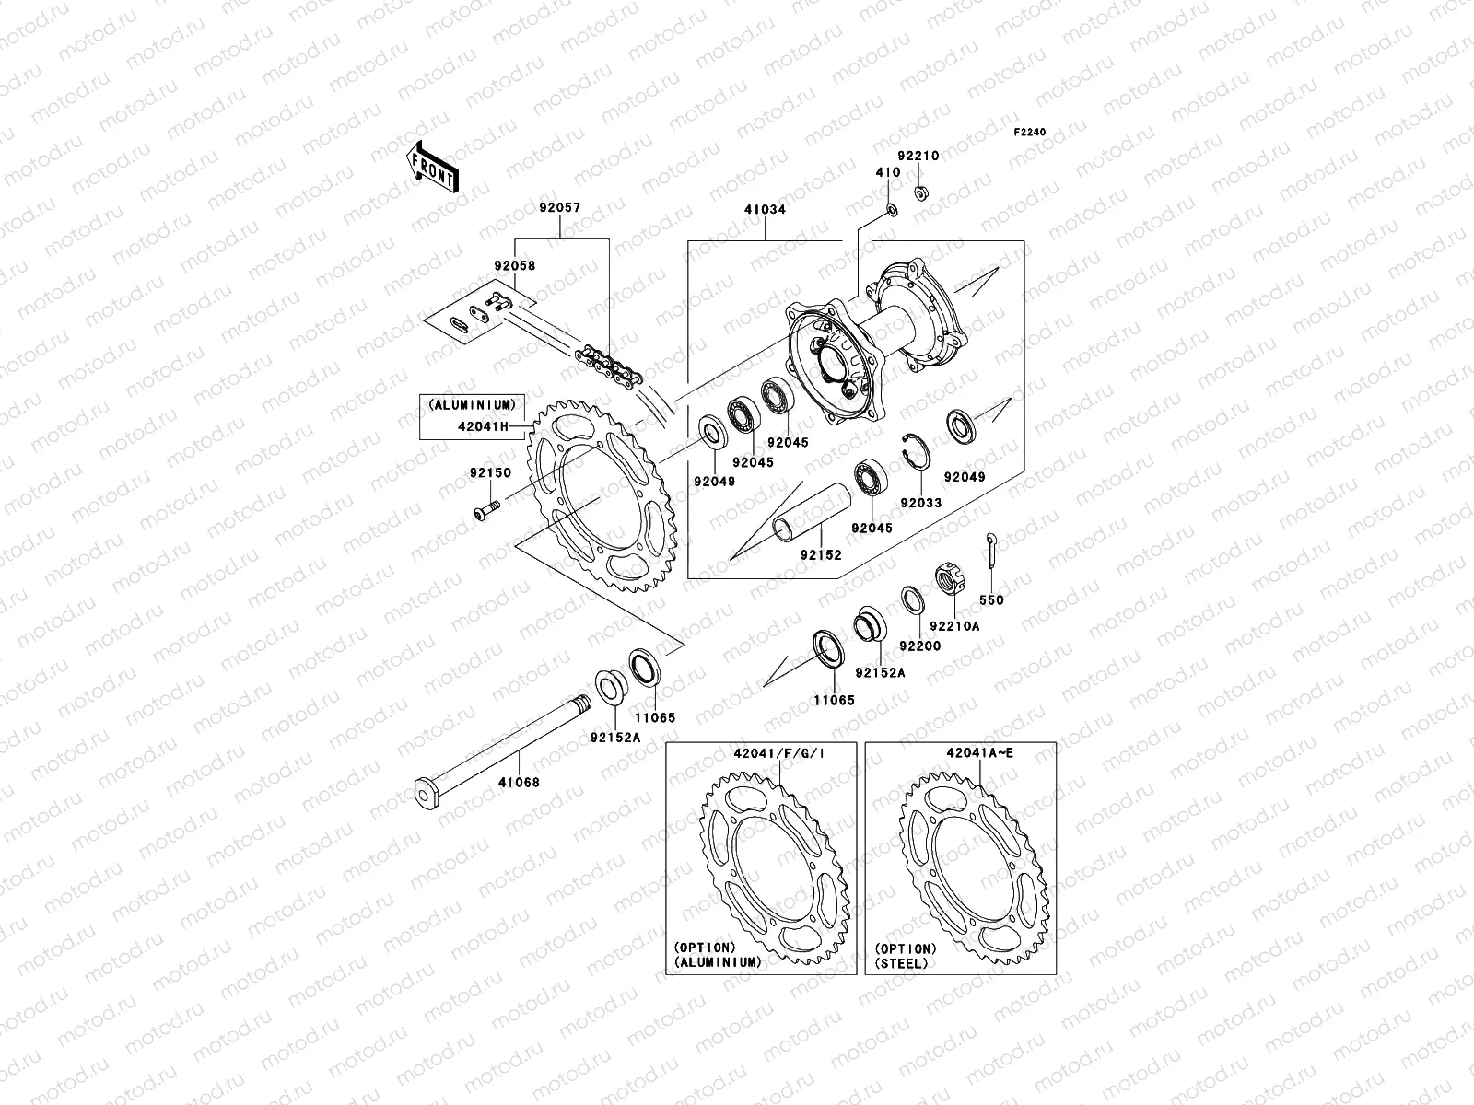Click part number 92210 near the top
pos(919,157)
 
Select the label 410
pos(887,173)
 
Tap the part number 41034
pos(765,210)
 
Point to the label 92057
pos(561,210)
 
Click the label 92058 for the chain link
pos(515,265)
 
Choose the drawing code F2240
pos(1030,133)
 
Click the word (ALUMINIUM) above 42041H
pos(470,404)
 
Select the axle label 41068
pos(520,783)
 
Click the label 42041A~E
pos(979,752)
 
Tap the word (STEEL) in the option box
pos(902,963)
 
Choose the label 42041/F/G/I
pos(778,752)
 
